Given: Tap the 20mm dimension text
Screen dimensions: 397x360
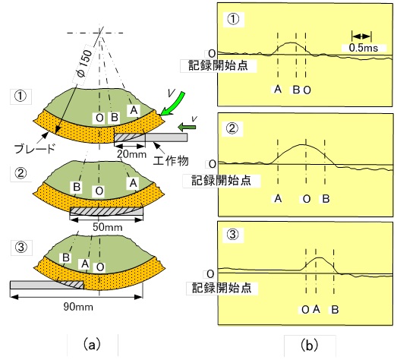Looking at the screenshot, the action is (131, 154).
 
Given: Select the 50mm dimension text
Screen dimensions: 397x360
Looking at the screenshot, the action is (107, 227).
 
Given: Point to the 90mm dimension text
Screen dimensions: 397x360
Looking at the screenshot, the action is (78, 307).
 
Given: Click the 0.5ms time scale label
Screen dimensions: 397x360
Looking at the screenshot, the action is (364, 48).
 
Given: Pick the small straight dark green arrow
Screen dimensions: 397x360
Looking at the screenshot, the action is (187, 126).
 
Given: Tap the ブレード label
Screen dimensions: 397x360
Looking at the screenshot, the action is (35, 149).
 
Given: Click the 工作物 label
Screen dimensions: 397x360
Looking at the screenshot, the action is (171, 161).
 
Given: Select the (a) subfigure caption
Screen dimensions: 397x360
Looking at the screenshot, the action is (92, 345).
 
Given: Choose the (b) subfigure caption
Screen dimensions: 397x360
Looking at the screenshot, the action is (309, 346).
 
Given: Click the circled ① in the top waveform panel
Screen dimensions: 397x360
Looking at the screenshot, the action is (233, 20).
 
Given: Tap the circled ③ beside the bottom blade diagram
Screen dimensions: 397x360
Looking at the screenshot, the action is (21, 247).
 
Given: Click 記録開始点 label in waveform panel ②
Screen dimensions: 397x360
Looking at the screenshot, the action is (222, 181).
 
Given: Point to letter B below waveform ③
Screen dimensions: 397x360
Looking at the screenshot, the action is (335, 310).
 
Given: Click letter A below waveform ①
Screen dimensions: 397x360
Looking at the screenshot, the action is (278, 89).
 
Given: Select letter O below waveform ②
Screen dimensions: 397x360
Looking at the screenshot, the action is (307, 199).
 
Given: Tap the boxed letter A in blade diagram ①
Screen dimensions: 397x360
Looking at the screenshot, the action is (134, 110).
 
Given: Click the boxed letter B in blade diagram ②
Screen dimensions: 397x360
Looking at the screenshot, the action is (77, 187).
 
